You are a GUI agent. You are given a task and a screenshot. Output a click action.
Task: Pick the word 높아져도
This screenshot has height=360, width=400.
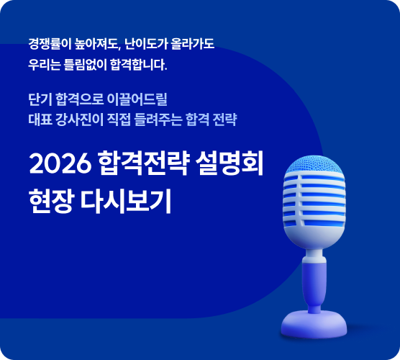pyautogui.click(x=95, y=45)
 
